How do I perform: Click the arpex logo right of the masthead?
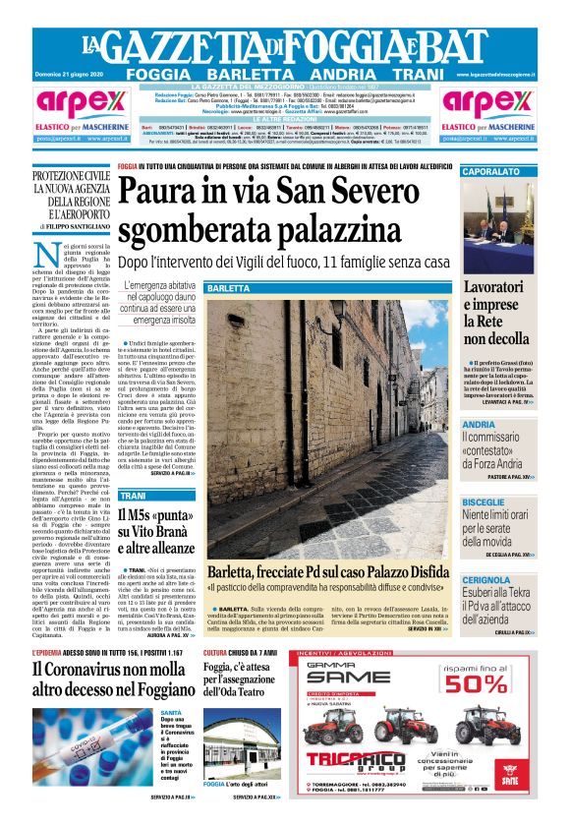[x=488, y=104]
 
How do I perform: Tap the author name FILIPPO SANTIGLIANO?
[x=76, y=226]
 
